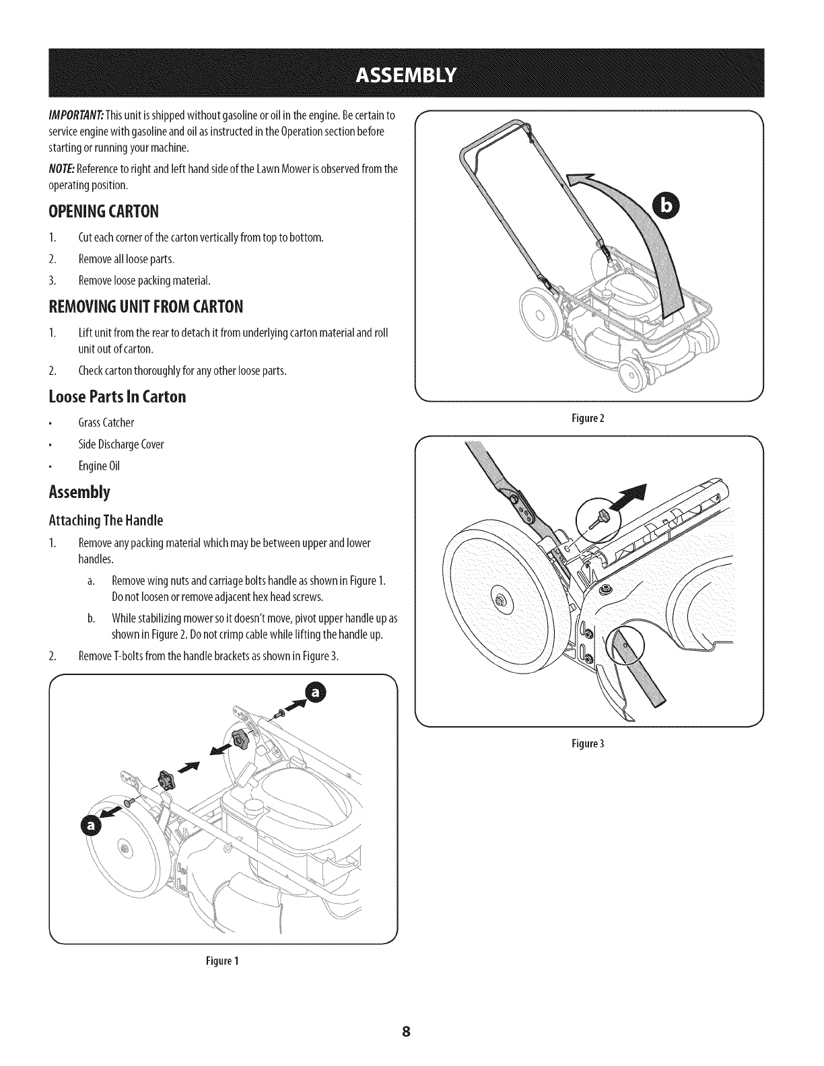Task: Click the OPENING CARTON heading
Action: pos(104,212)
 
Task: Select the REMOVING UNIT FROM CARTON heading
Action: pos(145,307)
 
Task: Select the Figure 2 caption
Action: pos(589,418)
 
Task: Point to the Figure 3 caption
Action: pos(589,744)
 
